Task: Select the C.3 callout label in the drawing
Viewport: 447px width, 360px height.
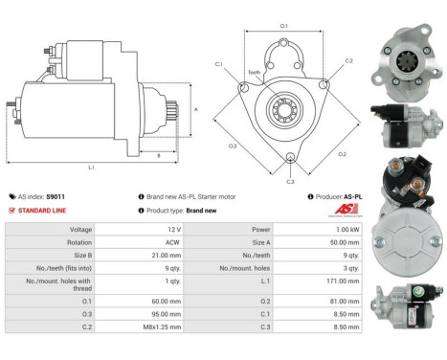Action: (x=290, y=179)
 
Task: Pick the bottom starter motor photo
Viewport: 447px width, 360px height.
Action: (x=410, y=309)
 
